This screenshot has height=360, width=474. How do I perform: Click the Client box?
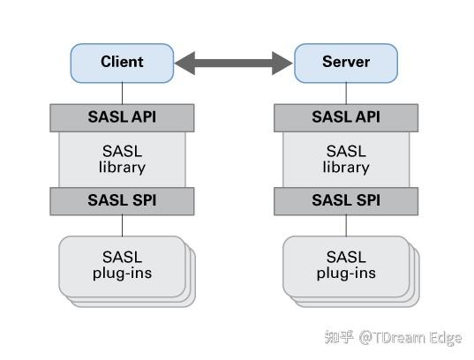click(122, 63)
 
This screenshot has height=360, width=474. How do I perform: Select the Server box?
click(346, 63)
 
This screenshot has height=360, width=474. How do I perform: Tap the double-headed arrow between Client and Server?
click(234, 63)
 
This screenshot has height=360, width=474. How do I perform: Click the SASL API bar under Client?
click(122, 117)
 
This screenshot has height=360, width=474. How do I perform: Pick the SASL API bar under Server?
click(346, 117)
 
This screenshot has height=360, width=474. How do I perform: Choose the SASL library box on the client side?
click(122, 159)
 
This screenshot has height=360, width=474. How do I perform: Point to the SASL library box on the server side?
click(346, 159)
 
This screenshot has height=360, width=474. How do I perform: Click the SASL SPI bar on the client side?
click(122, 201)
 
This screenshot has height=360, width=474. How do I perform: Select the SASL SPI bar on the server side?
click(346, 201)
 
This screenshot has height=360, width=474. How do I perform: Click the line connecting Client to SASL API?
click(122, 93)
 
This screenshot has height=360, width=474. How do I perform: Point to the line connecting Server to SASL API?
click(346, 93)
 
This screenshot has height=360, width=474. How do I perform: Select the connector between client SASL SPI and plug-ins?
click(122, 225)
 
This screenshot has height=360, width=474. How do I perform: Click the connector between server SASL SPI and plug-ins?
click(346, 225)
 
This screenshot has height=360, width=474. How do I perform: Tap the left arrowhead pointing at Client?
click(184, 63)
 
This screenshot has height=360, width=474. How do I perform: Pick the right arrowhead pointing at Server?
click(284, 63)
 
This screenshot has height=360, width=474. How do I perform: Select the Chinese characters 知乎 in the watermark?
click(339, 337)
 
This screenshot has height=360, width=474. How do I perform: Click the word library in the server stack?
click(346, 167)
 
